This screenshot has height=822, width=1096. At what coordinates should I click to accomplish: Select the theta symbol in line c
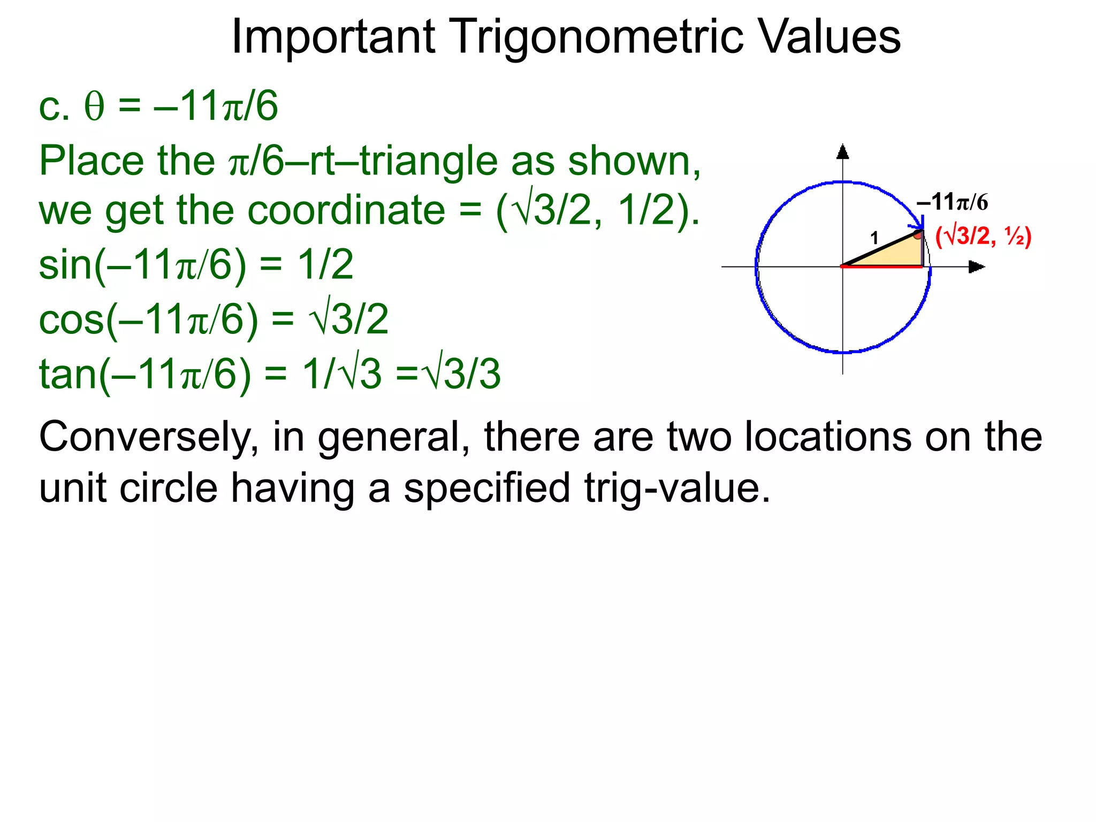94,107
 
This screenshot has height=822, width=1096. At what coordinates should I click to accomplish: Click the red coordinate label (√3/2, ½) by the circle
983,237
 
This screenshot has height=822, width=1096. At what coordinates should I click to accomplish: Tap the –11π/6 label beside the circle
952,202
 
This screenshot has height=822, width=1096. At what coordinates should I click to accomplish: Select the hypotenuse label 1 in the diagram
874,238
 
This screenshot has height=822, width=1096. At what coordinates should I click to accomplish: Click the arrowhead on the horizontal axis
977,267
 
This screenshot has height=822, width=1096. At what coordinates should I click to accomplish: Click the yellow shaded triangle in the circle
899,254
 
